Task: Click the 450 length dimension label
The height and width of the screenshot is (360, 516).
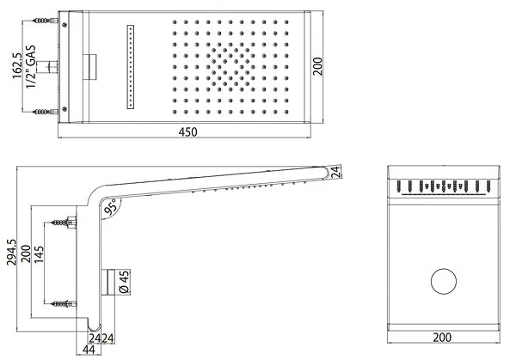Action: click(187, 132)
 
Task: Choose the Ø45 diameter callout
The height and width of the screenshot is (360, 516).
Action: click(124, 281)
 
